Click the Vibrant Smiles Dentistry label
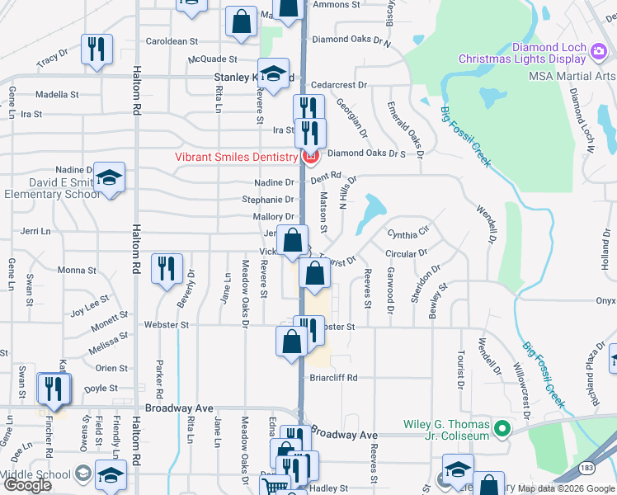coord(235,158)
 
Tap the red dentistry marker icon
coord(311,157)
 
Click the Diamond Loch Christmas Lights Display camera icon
coord(599,52)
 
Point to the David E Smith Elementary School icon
coord(108,177)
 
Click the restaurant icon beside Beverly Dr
coord(167,268)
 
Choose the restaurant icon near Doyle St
coord(54,388)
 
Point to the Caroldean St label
coord(172,40)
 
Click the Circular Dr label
coord(407,254)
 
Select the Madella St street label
coord(56,94)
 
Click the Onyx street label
coord(606,302)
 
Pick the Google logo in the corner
coord(27,485)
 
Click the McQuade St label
coord(213,59)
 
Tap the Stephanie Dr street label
coord(268,200)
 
